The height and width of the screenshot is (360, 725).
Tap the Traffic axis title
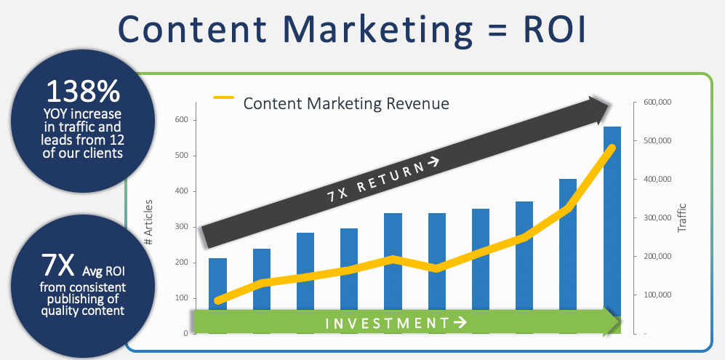pyautogui.click(x=681, y=217)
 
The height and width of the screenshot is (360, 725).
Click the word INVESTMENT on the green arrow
pyautogui.click(x=385, y=322)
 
